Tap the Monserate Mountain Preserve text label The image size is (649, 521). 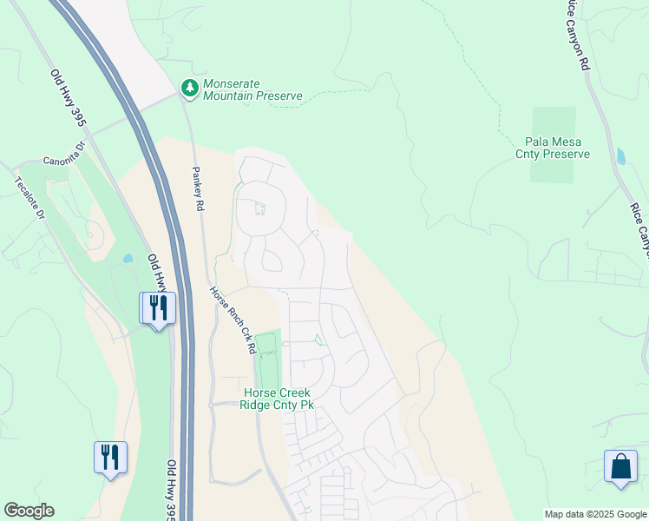(252, 90)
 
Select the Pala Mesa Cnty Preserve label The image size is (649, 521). (557, 148)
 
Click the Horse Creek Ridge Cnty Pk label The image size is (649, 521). (277, 399)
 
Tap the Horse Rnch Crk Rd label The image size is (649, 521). (234, 320)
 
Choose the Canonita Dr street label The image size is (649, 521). (66, 161)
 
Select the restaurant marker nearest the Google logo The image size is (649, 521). (110, 457)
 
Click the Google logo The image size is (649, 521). (29, 511)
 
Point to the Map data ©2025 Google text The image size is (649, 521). (595, 514)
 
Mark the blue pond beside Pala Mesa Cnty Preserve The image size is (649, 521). (619, 156)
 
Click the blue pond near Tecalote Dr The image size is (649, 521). (128, 258)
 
